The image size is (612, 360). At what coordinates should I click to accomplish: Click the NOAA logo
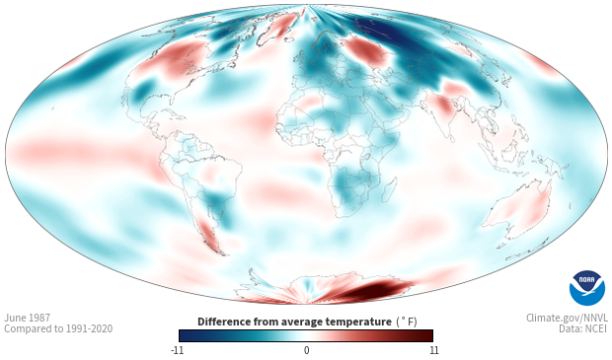pyautogui.click(x=587, y=288)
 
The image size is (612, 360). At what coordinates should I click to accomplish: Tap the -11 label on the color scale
pyautogui.click(x=177, y=350)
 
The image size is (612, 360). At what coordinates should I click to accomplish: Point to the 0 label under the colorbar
pyautogui.click(x=306, y=350)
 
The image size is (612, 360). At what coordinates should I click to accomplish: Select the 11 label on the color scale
pyautogui.click(x=434, y=350)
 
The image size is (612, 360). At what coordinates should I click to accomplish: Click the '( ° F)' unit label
pyautogui.click(x=407, y=323)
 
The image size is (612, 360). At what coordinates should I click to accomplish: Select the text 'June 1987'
pyautogui.click(x=27, y=318)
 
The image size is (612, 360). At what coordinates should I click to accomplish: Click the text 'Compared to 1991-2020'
pyautogui.click(x=58, y=328)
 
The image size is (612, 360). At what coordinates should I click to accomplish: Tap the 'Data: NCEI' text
pyautogui.click(x=583, y=328)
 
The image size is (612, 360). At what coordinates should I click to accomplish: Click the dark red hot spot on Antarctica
pyautogui.click(x=377, y=289)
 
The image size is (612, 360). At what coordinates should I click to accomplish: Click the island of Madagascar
pyautogui.click(x=390, y=189)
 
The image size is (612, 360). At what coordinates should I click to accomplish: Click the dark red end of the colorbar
pyautogui.click(x=426, y=335)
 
